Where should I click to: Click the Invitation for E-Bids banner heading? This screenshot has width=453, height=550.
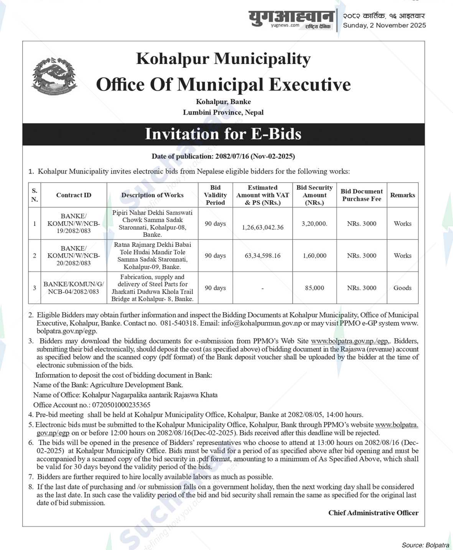coord(223,134)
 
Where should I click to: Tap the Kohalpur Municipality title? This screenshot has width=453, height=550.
coord(223,59)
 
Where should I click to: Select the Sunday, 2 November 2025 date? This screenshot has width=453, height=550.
coord(384,25)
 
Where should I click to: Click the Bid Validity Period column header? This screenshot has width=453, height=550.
coord(215,195)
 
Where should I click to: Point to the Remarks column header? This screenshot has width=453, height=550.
coord(402,195)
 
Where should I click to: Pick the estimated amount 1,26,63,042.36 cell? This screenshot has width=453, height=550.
coord(262,227)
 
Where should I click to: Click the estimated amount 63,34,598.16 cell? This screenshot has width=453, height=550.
coord(262,255)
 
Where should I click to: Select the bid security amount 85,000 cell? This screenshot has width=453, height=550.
coord(314,288)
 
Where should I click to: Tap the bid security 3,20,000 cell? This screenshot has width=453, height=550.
coord(314,223)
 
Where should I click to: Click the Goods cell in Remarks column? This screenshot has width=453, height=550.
coord(402,288)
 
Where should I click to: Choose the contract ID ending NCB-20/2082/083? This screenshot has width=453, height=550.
coord(73,256)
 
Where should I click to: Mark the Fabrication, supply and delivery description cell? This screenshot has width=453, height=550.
coord(152,288)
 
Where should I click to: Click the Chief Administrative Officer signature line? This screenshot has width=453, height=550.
coord(373,513)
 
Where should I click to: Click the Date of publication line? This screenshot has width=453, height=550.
coord(223,156)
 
